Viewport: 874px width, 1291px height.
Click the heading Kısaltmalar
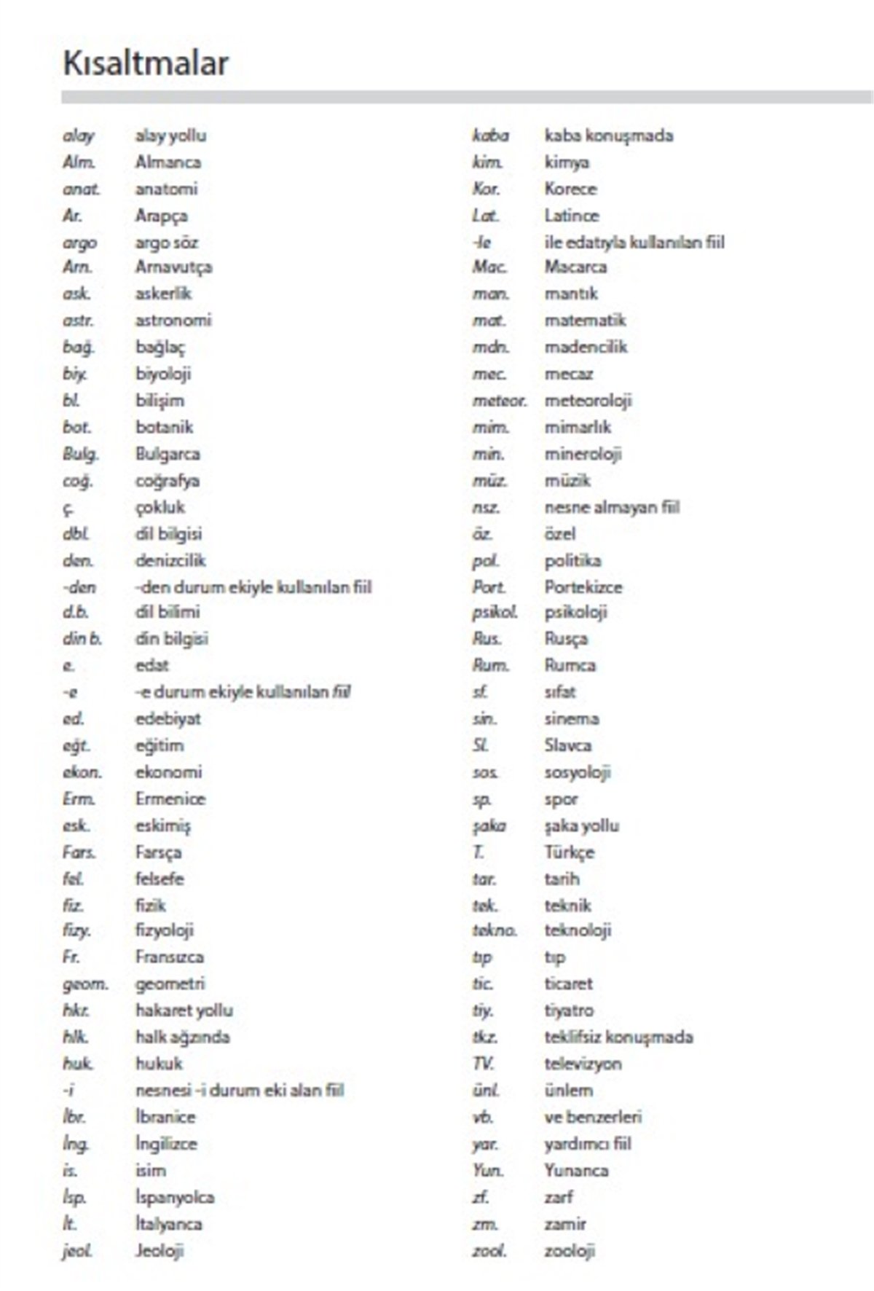(146, 63)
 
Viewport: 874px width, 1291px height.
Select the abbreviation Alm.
(79, 162)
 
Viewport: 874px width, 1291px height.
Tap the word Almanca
(168, 162)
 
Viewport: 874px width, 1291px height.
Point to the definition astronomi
(173, 321)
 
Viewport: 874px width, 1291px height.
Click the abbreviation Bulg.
(80, 454)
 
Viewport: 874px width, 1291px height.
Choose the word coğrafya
(167, 481)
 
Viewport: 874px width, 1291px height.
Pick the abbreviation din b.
(82, 639)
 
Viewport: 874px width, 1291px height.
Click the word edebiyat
(168, 719)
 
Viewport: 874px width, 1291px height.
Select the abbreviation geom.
(85, 984)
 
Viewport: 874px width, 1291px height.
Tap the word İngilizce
(166, 1144)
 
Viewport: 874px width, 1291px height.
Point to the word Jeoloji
(160, 1251)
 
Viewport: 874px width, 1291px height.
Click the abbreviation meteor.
(499, 401)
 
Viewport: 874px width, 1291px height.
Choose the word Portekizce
(583, 587)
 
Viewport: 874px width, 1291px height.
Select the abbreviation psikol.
(495, 613)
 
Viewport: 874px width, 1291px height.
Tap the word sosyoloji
(578, 772)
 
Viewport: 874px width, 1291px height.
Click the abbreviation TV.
(483, 1064)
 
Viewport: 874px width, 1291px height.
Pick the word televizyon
(583, 1064)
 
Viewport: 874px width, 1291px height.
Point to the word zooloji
(570, 1251)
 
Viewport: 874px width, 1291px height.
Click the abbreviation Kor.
(486, 189)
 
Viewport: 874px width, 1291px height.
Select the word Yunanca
(576, 1171)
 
